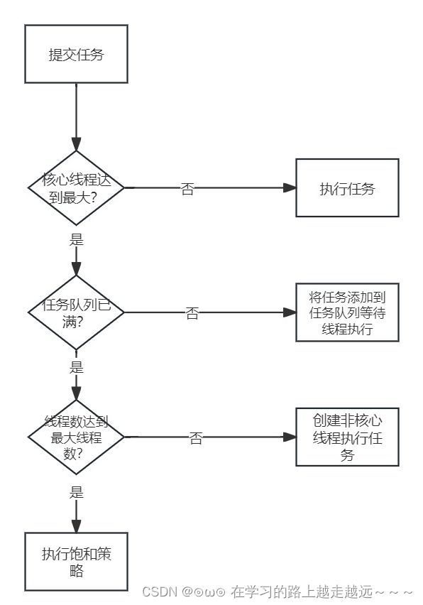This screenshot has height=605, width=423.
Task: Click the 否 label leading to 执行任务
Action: coord(187,189)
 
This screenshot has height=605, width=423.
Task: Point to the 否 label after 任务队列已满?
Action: coord(192,313)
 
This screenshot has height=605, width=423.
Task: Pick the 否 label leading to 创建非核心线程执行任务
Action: coord(196,438)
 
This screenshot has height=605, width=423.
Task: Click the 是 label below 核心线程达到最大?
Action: coord(77,239)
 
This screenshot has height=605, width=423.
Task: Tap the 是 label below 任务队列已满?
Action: coord(77,367)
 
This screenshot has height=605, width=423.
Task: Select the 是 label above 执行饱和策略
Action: coord(77,492)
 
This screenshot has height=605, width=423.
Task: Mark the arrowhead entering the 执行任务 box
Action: coord(290,188)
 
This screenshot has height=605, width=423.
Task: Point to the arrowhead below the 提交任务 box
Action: coord(77,144)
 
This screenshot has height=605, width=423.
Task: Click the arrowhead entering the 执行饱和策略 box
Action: coord(77,526)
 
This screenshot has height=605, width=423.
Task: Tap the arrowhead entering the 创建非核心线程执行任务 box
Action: coord(290,437)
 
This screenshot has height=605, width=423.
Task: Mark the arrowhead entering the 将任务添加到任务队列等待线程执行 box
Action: coord(290,312)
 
